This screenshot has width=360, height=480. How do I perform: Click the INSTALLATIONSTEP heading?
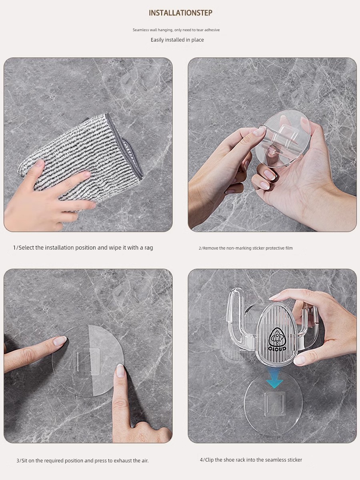pos(180,13)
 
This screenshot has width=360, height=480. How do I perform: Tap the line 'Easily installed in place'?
pos(177,40)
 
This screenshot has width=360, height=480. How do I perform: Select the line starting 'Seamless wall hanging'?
pos(176,30)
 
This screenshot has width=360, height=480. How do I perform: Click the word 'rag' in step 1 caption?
pos(149,248)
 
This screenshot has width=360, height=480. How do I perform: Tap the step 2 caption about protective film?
pos(246,248)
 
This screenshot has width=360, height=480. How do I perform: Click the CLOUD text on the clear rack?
pos(277,348)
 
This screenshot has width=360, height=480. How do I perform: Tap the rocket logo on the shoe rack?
pos(277,337)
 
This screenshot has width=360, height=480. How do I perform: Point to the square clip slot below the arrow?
pos(275,404)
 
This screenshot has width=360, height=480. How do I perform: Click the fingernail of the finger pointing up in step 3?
pos(120,371)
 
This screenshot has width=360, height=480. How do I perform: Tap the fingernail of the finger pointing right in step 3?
pos(60,341)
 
